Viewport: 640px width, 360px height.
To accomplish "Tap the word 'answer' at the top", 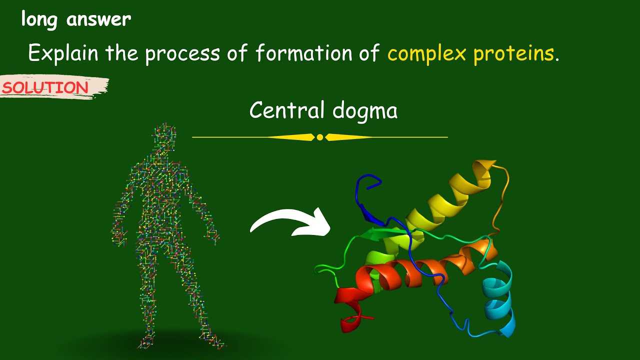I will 98,20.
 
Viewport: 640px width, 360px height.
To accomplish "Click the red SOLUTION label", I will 45,88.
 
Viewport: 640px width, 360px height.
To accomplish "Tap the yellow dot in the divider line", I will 320,137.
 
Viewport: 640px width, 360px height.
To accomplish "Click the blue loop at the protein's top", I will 367,188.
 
